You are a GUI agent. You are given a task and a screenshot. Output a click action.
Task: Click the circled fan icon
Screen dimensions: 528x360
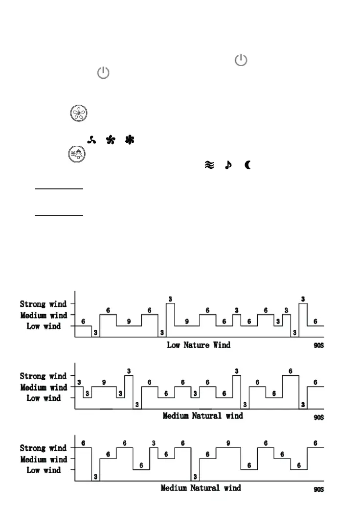(x=77, y=113)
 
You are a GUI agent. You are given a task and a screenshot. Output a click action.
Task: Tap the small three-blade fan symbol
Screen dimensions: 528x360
(x=90, y=140)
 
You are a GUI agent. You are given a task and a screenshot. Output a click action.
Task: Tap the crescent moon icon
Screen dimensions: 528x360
(x=247, y=166)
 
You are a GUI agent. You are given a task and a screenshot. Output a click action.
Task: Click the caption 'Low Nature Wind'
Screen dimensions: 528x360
(x=199, y=344)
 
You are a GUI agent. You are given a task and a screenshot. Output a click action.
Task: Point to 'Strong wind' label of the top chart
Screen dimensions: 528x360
(x=44, y=304)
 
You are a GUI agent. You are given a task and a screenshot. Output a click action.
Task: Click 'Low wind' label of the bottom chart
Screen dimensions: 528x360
(x=44, y=470)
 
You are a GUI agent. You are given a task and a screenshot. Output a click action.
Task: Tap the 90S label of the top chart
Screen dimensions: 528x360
(x=318, y=345)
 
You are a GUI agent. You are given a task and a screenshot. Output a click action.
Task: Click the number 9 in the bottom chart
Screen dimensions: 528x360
(x=228, y=443)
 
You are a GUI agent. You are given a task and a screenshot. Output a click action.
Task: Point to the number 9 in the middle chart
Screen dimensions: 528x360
(x=104, y=382)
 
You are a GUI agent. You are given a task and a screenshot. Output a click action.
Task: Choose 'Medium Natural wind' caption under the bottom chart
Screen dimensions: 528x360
(x=201, y=488)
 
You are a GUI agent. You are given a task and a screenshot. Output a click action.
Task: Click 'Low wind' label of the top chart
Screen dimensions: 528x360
(x=44, y=326)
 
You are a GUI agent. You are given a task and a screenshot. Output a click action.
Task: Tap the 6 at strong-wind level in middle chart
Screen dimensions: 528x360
(x=291, y=371)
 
